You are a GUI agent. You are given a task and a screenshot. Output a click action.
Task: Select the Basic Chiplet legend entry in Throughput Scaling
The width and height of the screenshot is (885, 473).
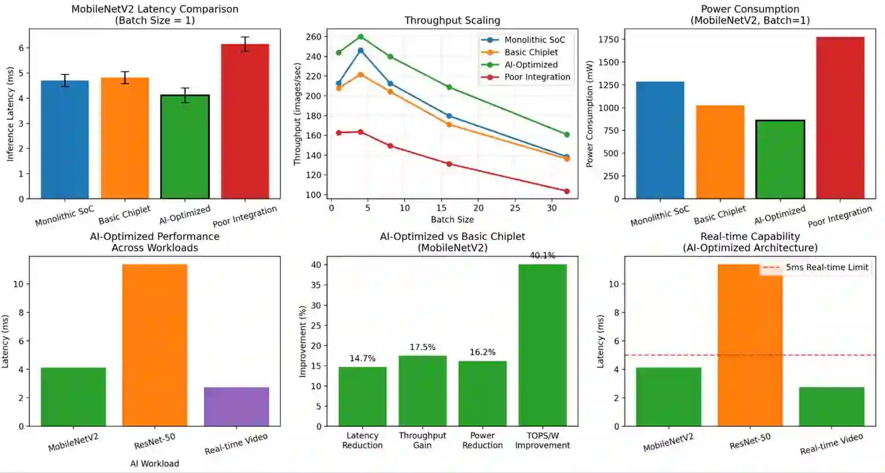click(x=531, y=52)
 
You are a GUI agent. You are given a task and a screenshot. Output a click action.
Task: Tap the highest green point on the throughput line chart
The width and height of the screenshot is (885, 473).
click(x=361, y=37)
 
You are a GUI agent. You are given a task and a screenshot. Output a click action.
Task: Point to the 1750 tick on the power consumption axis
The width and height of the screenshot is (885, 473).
click(x=608, y=40)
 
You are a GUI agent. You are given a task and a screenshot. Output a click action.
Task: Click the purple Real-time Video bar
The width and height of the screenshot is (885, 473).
click(x=236, y=407)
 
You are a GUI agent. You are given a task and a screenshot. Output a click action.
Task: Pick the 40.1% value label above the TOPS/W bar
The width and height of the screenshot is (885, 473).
click(x=542, y=256)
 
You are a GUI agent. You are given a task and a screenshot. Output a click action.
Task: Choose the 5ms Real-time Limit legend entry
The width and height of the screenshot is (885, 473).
click(x=826, y=268)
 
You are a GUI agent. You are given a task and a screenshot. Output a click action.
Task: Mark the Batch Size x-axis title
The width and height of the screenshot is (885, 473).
click(x=452, y=220)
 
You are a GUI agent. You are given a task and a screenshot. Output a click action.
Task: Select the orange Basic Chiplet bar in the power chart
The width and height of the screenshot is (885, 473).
click(x=720, y=152)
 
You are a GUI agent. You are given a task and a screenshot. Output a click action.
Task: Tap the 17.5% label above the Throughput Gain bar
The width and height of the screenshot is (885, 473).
click(x=422, y=347)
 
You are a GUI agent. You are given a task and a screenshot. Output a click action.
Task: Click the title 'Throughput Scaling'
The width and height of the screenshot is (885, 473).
click(x=452, y=21)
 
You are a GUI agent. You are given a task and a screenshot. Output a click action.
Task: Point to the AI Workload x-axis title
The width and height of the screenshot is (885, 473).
click(x=154, y=464)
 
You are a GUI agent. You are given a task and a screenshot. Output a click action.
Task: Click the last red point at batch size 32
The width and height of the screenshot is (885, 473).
click(x=566, y=192)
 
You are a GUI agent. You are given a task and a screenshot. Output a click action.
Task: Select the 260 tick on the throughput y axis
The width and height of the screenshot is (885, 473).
click(x=313, y=37)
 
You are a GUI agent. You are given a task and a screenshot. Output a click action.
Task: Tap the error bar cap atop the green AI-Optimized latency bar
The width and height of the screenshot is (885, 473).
click(x=185, y=88)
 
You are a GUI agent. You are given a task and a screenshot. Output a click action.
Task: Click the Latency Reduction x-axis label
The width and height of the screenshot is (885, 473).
click(x=362, y=441)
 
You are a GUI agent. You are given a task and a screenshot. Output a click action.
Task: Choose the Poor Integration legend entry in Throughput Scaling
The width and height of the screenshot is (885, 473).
click(x=537, y=77)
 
